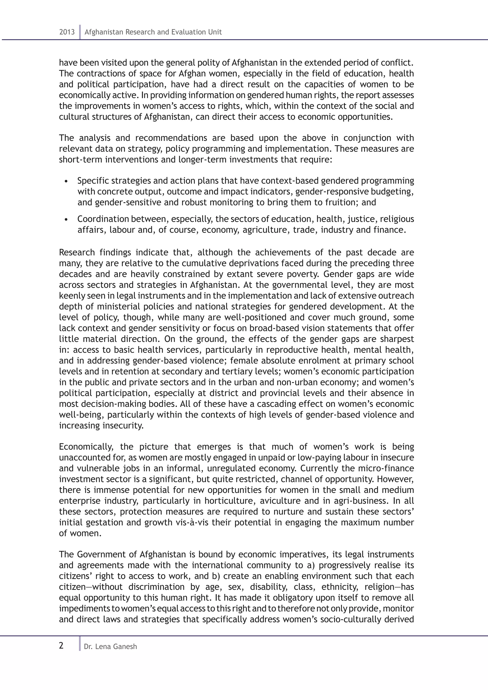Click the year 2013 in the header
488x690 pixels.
coord(67,32)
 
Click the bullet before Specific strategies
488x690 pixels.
coord(66,182)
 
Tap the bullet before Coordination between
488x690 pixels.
coord(66,220)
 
